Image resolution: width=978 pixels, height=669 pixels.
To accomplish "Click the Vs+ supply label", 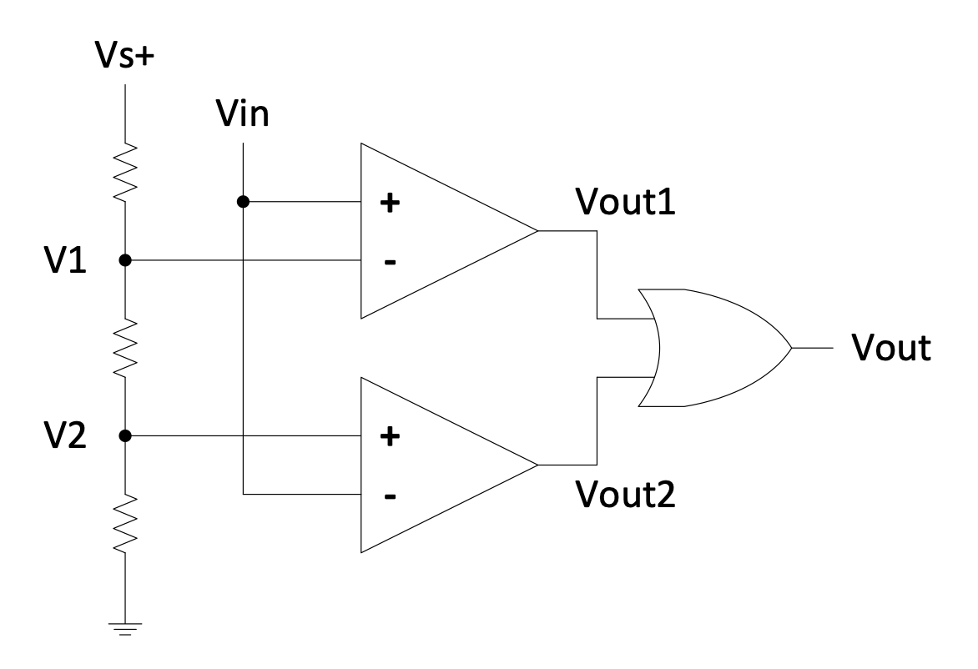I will [124, 59].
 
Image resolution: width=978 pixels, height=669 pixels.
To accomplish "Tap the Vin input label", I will [242, 114].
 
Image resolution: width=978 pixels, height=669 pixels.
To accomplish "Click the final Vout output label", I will [890, 348].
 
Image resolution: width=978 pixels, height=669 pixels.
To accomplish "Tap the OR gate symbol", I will [713, 348].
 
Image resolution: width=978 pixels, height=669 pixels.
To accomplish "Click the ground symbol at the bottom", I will [124, 628].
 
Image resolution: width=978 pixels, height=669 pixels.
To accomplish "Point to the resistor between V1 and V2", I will [124, 348].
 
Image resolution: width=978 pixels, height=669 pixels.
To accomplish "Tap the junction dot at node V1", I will [124, 260].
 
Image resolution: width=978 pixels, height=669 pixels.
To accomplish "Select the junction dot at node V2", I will [124, 435].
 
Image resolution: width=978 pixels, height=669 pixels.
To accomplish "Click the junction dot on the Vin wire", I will [243, 201].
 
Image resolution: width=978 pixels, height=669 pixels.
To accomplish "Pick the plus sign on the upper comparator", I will [387, 203].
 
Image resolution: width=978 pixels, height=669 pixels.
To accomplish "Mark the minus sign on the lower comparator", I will [387, 495].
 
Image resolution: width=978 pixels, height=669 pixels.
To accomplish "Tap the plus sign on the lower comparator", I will [387, 436].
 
